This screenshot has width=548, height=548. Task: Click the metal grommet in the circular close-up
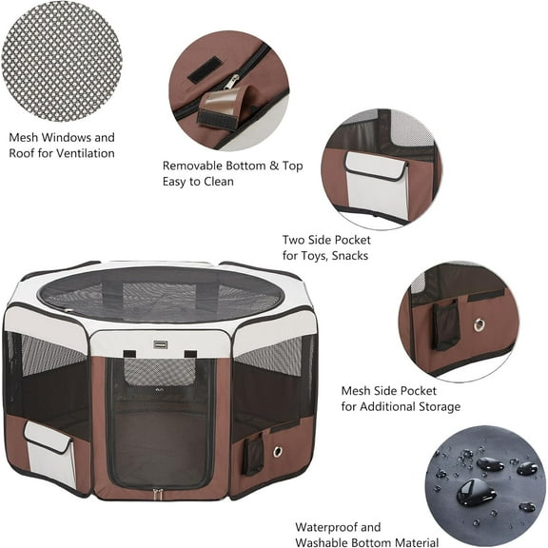(479, 325)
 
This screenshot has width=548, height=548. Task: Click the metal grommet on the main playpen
(277, 451)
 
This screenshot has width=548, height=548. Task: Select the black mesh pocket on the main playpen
(252, 454)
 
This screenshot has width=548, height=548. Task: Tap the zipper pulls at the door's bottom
(158, 492)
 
